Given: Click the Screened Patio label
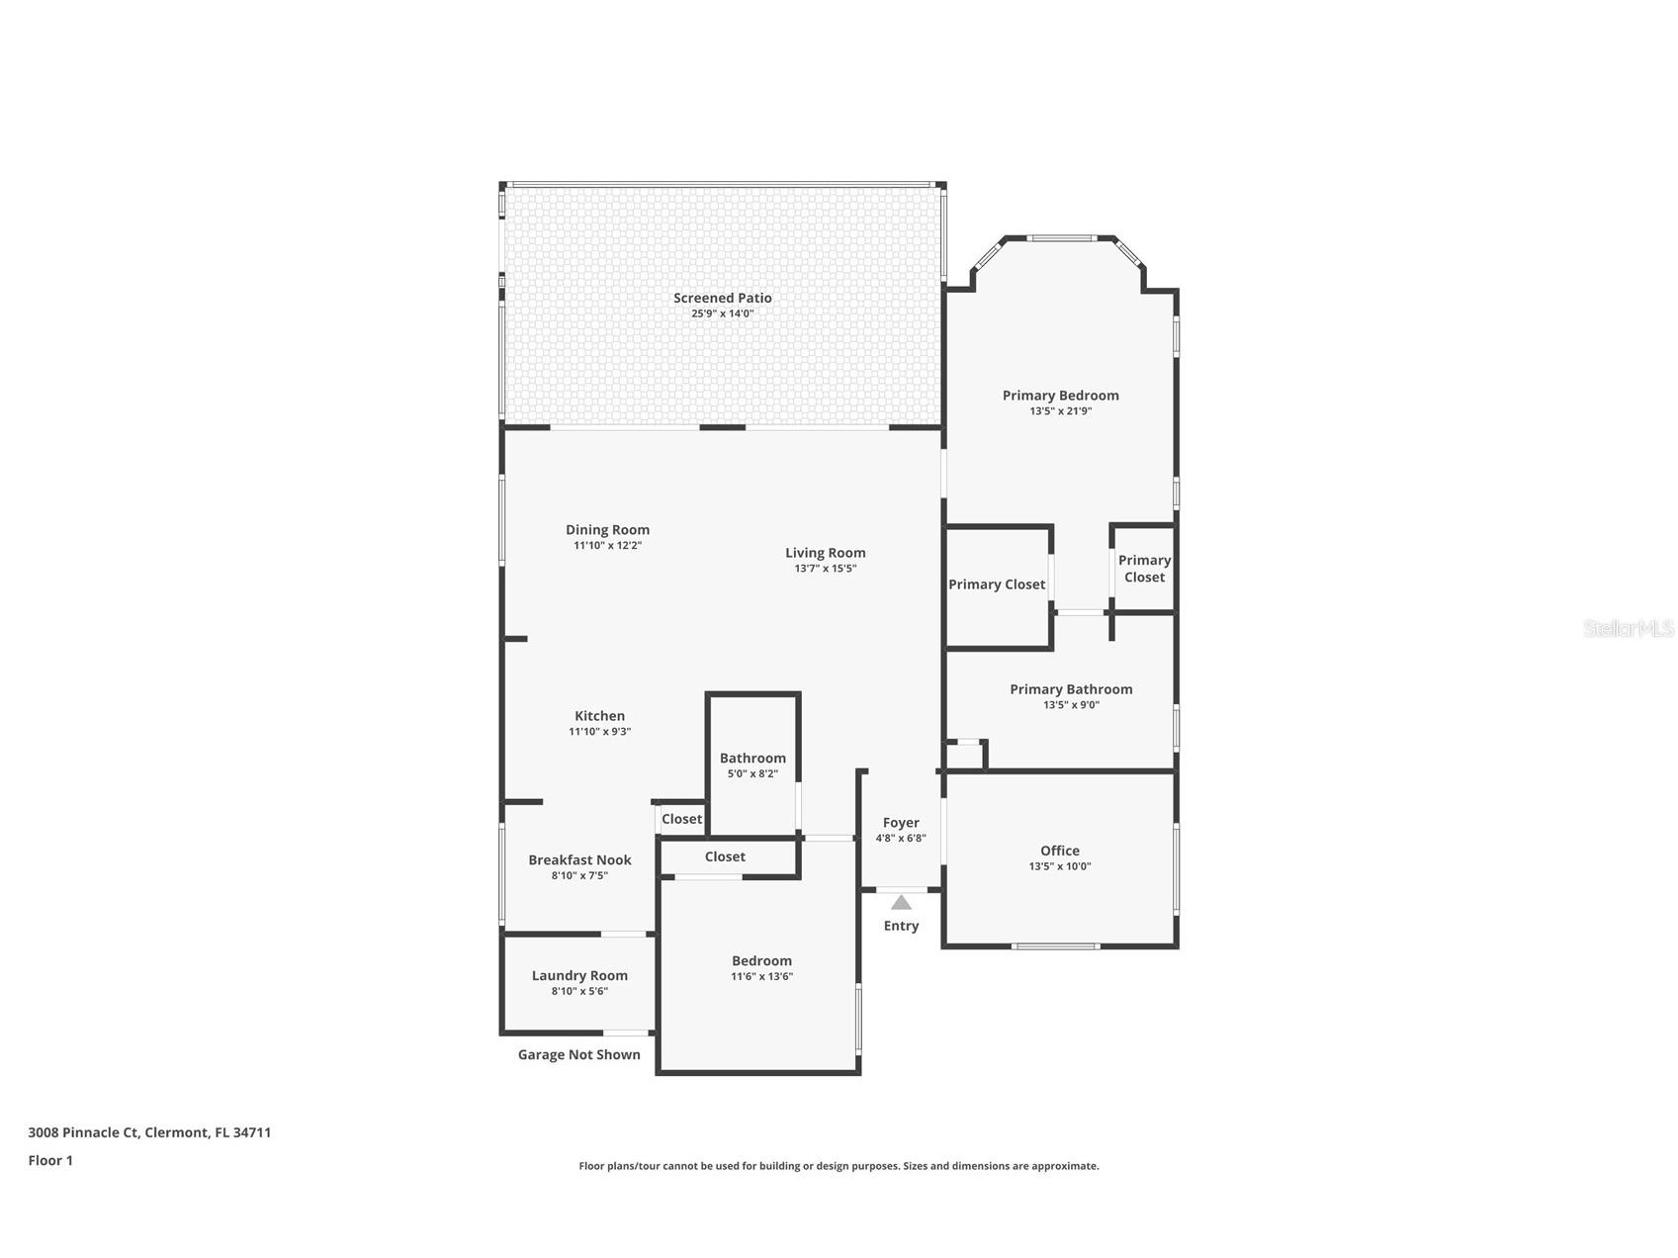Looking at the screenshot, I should [722, 298].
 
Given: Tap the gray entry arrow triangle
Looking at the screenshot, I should [901, 902].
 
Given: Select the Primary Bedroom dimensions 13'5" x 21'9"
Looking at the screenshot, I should [1060, 411].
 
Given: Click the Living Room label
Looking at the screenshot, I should [825, 553].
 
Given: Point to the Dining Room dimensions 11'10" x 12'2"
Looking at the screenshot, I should [607, 546].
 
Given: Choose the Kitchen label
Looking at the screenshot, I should [599, 716].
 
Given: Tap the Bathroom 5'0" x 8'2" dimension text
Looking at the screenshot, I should [752, 774].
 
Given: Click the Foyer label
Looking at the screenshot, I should [901, 823].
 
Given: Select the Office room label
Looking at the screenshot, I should [1059, 851].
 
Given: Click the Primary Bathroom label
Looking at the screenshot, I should [1071, 689].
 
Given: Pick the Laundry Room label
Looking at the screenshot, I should [579, 975].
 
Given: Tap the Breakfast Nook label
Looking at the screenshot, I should [579, 860].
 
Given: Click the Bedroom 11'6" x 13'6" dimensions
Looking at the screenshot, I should [761, 977].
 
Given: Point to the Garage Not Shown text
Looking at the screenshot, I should [578, 1055].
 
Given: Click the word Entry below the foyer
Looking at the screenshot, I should [901, 926].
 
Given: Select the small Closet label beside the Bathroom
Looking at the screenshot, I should [681, 819].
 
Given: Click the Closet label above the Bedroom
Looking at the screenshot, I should [725, 856].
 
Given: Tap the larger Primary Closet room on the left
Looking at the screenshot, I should [997, 584].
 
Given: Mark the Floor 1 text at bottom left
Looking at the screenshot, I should [50, 1161].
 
